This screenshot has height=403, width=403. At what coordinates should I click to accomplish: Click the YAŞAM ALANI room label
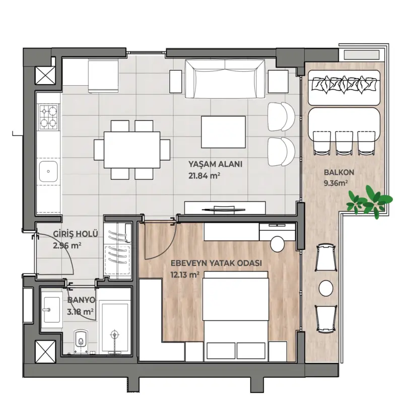[216, 164]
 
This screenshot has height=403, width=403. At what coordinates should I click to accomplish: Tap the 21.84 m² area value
[205, 176]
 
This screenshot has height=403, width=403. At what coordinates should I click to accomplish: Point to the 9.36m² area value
[336, 183]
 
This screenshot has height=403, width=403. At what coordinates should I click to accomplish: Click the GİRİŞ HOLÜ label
[76, 234]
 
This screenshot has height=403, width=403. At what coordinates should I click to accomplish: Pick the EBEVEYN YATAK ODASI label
[217, 263]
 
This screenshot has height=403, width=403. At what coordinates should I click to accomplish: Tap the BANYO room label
[81, 300]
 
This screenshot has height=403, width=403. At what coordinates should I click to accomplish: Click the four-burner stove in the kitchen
[49, 117]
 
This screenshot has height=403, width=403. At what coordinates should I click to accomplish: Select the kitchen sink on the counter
[48, 171]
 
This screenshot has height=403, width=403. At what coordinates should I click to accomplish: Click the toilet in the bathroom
[81, 341]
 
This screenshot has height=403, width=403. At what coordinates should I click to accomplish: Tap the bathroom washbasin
[52, 310]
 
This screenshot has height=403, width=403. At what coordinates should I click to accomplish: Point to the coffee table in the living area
[223, 132]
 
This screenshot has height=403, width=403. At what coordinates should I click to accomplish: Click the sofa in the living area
[225, 79]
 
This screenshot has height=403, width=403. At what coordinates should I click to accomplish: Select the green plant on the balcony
[369, 201]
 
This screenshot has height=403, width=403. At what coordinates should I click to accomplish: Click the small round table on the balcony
[326, 288]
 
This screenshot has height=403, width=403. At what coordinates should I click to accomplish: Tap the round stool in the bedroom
[278, 244]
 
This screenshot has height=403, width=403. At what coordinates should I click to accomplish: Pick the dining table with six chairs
[132, 150]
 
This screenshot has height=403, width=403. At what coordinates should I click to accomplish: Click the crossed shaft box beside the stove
[45, 76]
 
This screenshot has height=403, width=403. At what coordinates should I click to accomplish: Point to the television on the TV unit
[223, 210]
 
